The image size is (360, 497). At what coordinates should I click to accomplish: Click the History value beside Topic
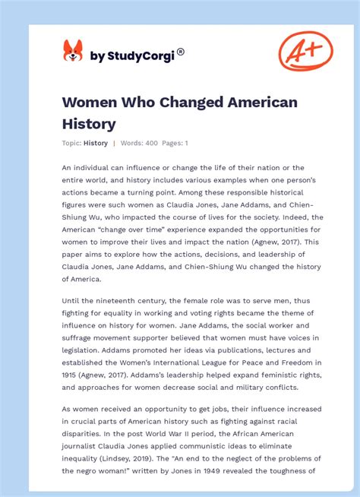coord(96,143)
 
